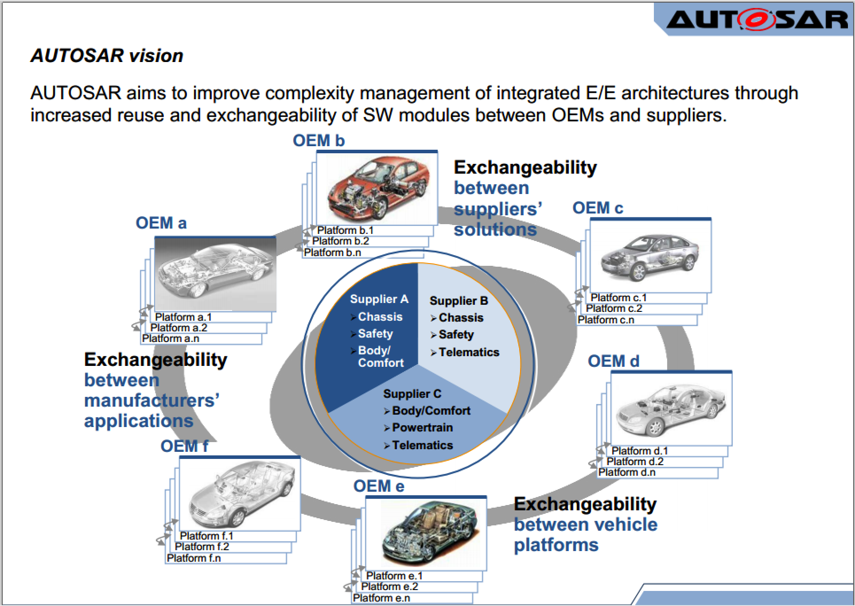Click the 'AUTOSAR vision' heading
pyautogui.click(x=107, y=56)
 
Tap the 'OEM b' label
pyautogui.click(x=319, y=141)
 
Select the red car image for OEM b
pyautogui.click(x=377, y=188)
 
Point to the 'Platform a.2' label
pyautogui.click(x=179, y=328)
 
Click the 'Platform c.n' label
pyautogui.click(x=606, y=320)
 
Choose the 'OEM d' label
pyautogui.click(x=613, y=361)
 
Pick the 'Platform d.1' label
pyautogui.click(x=639, y=451)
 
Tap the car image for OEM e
pyautogui.click(x=426, y=533)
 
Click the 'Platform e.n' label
pyautogui.click(x=381, y=598)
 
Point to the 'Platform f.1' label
pyautogui.click(x=206, y=536)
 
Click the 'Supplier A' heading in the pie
pyautogui.click(x=379, y=299)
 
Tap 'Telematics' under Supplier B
pyautogui.click(x=469, y=353)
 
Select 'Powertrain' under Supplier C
pyautogui.click(x=422, y=428)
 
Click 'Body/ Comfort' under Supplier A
pyautogui.click(x=380, y=357)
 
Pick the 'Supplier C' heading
pyautogui.click(x=412, y=394)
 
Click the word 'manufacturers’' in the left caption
pyautogui.click(x=152, y=401)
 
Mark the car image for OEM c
pyautogui.click(x=650, y=256)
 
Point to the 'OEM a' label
pyautogui.click(x=161, y=223)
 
